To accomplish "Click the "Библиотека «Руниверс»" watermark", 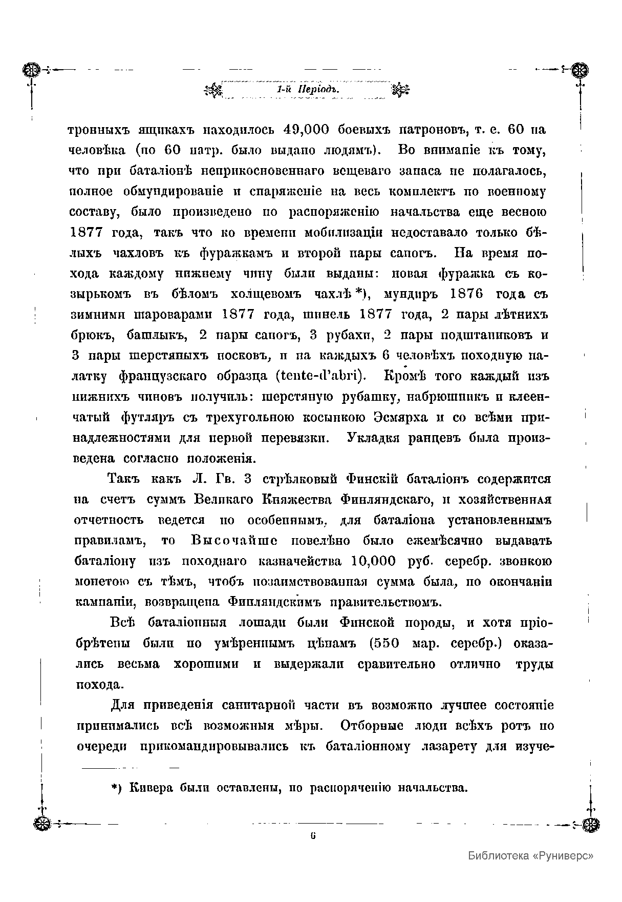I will click(530, 855).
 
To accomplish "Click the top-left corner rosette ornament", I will click(32, 69).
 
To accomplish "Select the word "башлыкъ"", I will click(157, 335).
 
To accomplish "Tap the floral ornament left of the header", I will click(212, 90).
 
